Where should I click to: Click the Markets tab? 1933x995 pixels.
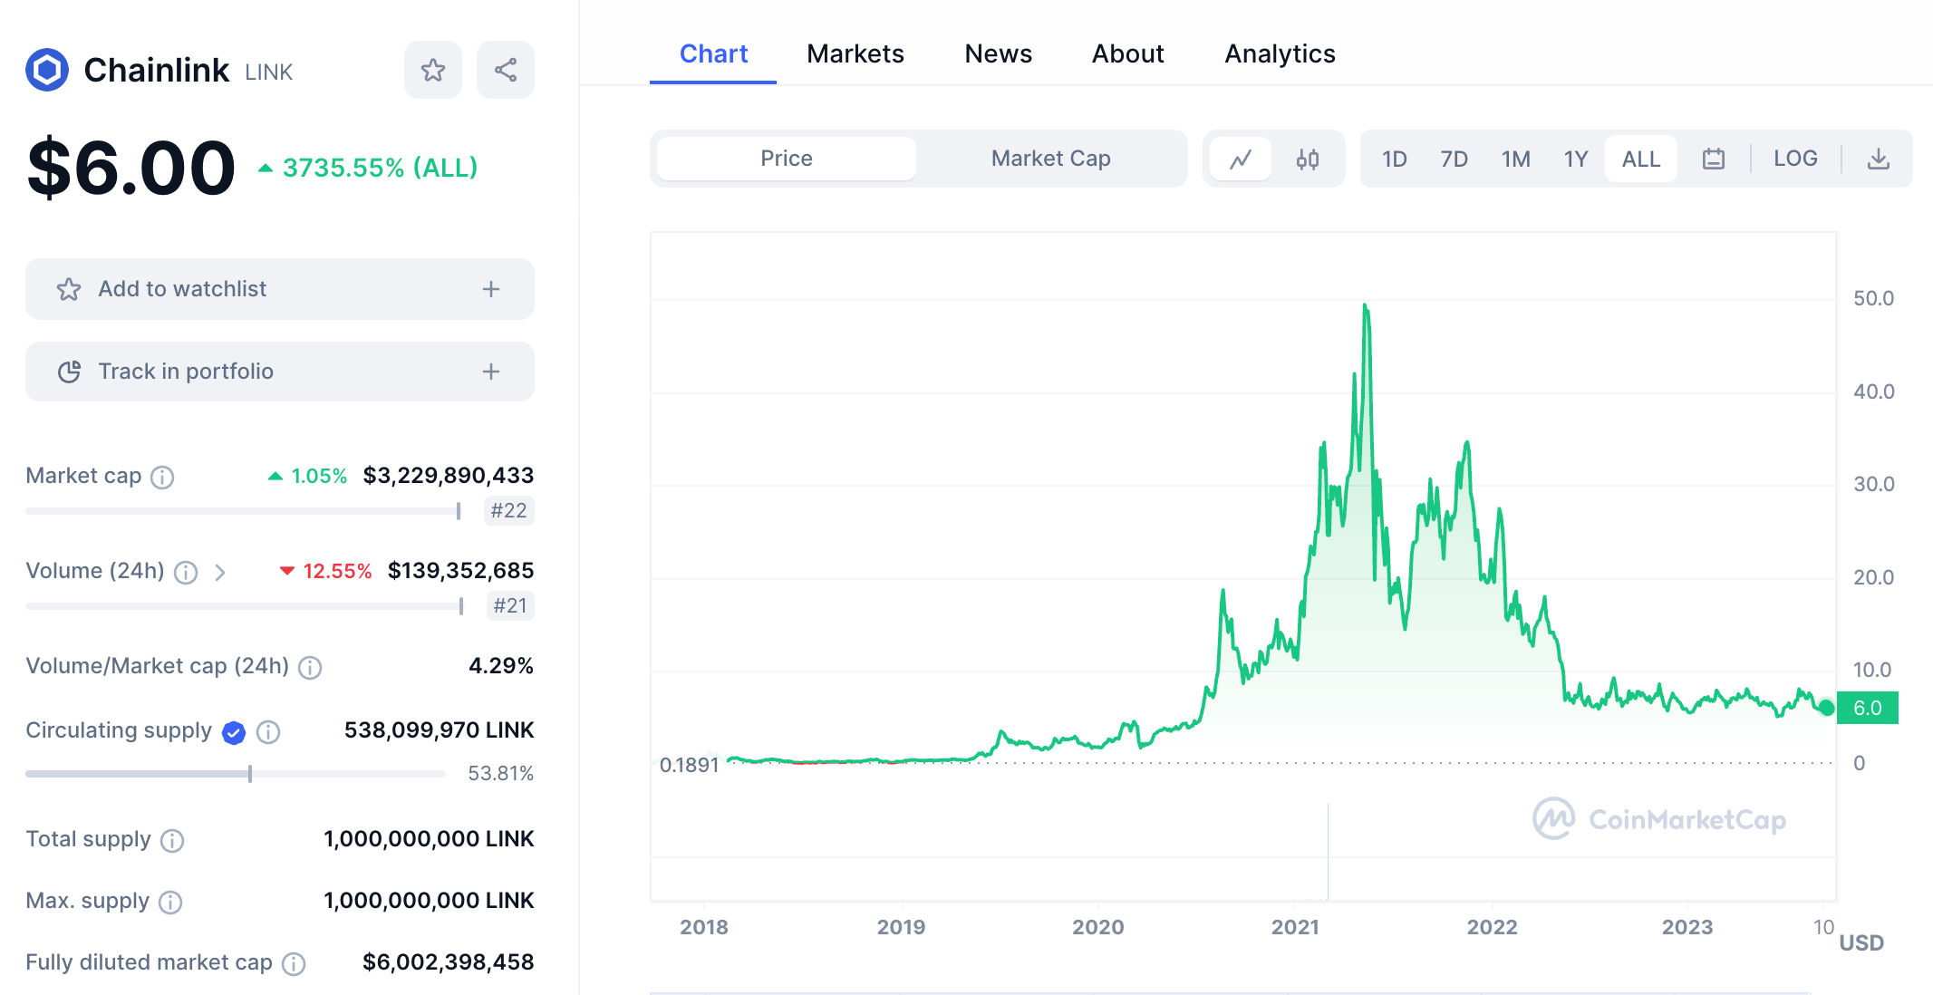(855, 54)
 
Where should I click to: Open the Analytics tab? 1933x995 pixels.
(1280, 54)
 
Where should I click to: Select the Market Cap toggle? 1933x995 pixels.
(1050, 159)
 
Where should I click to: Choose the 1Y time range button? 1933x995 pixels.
(1575, 159)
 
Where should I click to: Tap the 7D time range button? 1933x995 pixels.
(1454, 159)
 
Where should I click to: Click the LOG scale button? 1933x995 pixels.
(1794, 159)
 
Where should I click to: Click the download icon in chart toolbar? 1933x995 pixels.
(1879, 159)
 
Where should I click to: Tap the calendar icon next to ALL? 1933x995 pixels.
(1713, 159)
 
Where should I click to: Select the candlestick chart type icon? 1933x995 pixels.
(1307, 159)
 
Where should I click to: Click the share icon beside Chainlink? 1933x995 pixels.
(505, 70)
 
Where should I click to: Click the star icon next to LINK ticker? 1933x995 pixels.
(432, 70)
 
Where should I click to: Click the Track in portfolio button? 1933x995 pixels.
(279, 372)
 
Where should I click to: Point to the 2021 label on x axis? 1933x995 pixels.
(1294, 927)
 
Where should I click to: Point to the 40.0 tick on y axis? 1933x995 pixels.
(1873, 391)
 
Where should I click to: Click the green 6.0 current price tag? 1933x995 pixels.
(1867, 708)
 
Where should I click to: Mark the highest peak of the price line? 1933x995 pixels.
(1365, 305)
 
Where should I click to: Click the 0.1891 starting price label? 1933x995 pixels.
(689, 765)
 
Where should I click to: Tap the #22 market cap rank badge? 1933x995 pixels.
(508, 511)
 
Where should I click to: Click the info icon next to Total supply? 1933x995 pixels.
(172, 841)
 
